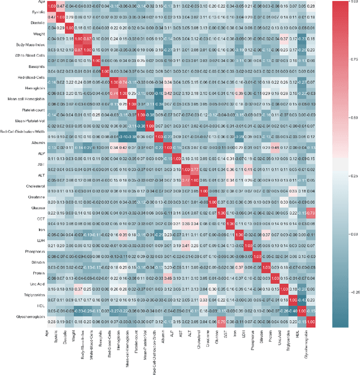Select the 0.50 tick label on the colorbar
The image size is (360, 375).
point(353,118)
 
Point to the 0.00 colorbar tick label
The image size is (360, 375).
point(353,233)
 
